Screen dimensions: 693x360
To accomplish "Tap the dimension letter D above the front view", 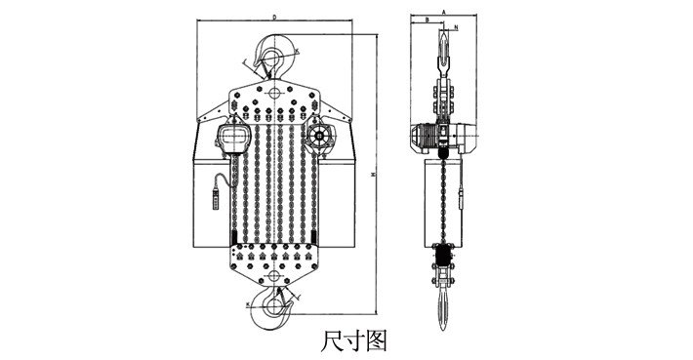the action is click(x=275, y=17).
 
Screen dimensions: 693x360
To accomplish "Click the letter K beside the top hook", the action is click(x=299, y=49).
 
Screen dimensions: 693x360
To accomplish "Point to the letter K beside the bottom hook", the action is click(x=249, y=304).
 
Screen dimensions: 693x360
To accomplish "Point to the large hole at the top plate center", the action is click(x=275, y=94).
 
